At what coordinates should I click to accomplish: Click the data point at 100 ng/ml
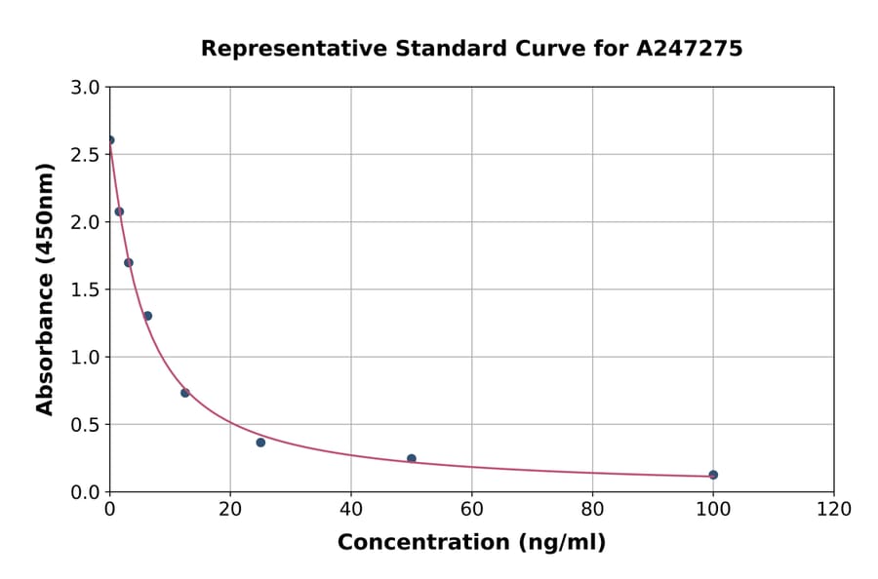[x=713, y=475]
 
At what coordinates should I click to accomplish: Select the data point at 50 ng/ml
[x=412, y=458]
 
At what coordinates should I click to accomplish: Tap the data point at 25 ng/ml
[x=260, y=443]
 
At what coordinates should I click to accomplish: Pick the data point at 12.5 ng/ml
[x=185, y=393]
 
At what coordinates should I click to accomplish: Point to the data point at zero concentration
[x=110, y=140]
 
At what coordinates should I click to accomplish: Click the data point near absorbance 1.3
[x=147, y=316]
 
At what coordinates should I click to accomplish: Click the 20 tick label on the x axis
[x=230, y=509]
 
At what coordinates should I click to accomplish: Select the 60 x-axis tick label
[x=472, y=509]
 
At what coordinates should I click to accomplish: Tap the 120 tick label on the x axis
[x=834, y=509]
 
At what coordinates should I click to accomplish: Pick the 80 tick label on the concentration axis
[x=592, y=509]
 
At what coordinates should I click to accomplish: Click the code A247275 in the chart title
[x=690, y=49]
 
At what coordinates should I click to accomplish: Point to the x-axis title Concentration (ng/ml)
[x=471, y=543]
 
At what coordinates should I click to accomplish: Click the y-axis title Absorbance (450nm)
[x=45, y=289]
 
